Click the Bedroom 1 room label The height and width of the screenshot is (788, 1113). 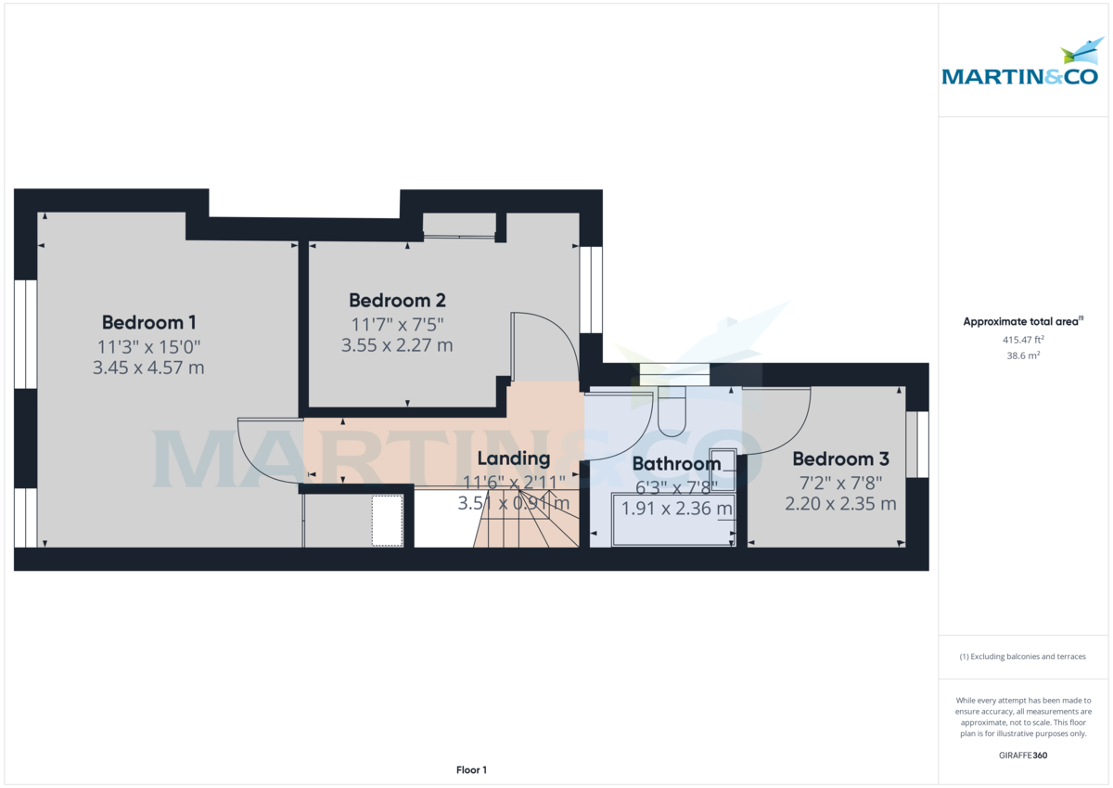[x=148, y=323]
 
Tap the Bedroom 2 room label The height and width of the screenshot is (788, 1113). [x=397, y=301]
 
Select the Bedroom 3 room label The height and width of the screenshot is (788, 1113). [x=840, y=459]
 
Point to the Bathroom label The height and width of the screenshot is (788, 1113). [x=676, y=464]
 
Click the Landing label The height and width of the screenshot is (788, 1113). [x=513, y=459]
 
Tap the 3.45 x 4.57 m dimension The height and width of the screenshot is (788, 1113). [x=148, y=368]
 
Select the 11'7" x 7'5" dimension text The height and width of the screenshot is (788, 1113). [x=397, y=324]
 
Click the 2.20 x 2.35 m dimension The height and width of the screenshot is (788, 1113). [x=840, y=504]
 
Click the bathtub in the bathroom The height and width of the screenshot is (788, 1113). [x=672, y=521]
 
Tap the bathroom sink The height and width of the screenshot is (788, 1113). [x=723, y=469]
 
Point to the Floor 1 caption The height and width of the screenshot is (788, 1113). [x=471, y=769]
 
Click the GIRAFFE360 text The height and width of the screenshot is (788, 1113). [x=1023, y=756]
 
